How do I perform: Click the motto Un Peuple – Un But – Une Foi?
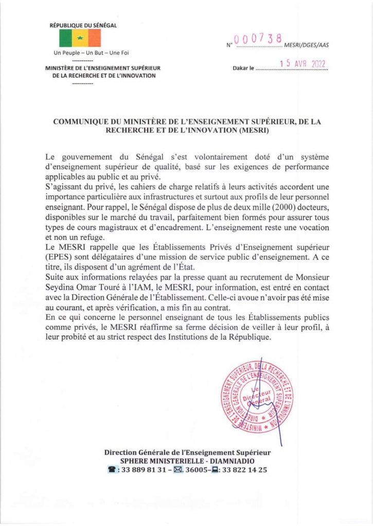click(x=80, y=53)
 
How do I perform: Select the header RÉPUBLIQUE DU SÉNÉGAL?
click(x=80, y=26)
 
